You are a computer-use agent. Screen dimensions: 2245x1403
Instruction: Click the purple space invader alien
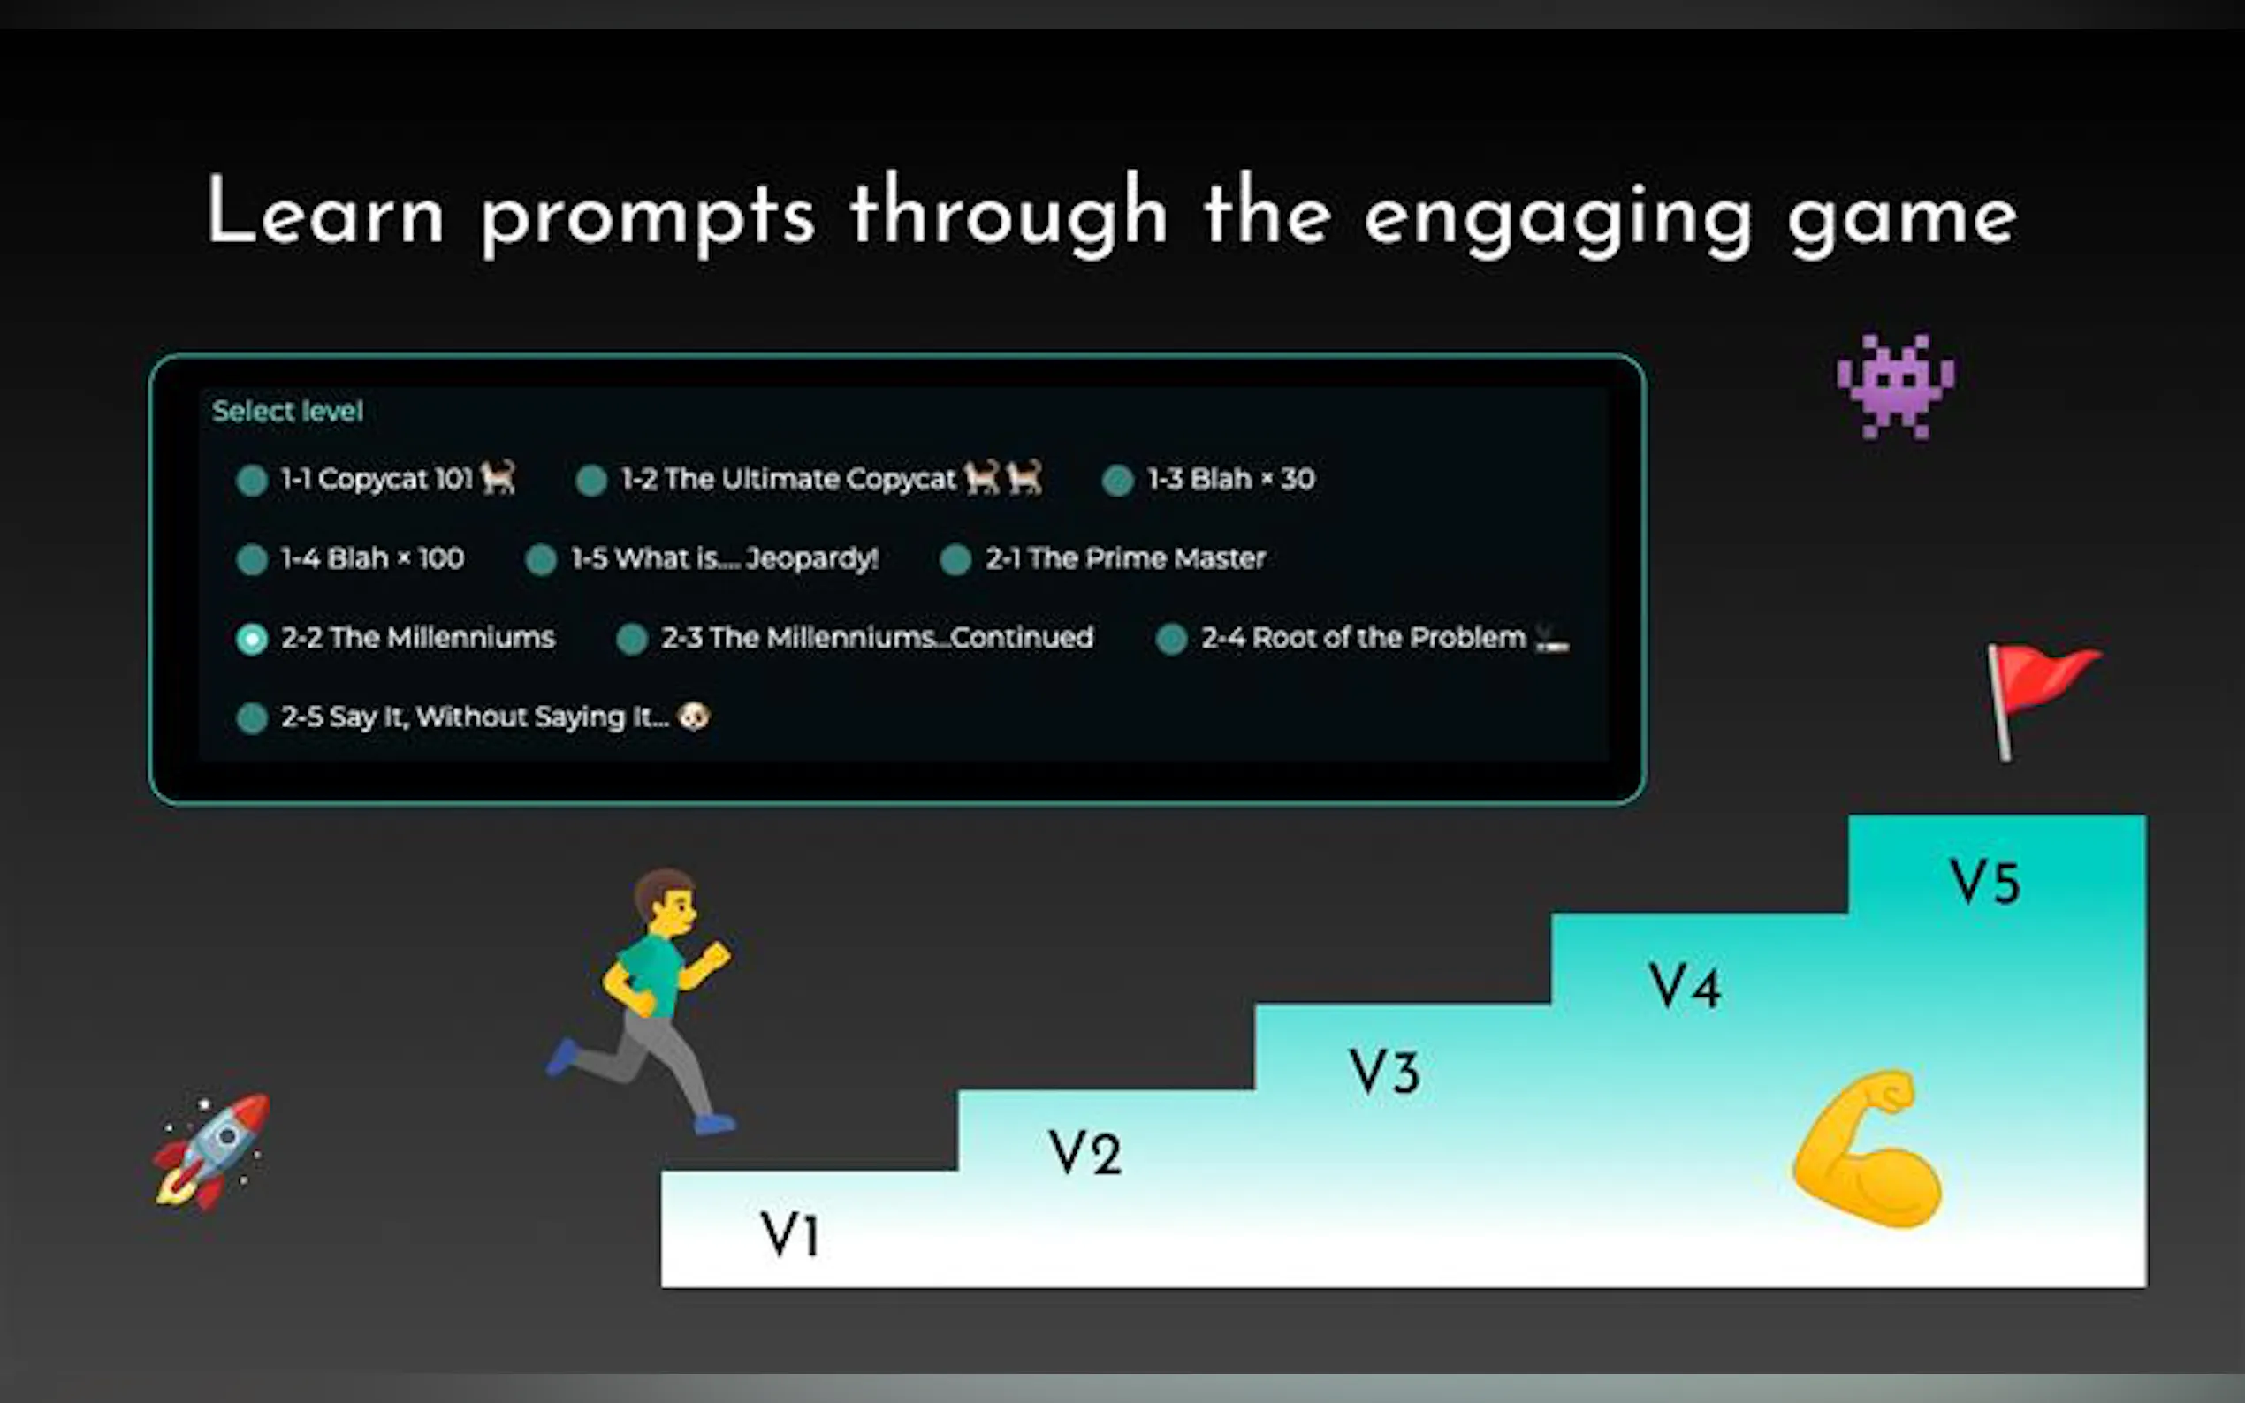tap(1896, 385)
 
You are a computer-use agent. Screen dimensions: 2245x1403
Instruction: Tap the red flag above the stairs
tap(2040, 701)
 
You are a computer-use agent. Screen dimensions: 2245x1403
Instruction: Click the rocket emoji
tap(211, 1150)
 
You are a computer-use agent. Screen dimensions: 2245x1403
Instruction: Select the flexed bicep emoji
tap(1868, 1149)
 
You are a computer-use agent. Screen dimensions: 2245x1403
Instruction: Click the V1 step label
tap(790, 1234)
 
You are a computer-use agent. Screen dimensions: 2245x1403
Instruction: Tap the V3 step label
tap(1384, 1072)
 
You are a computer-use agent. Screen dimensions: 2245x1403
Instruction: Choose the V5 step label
tap(1984, 881)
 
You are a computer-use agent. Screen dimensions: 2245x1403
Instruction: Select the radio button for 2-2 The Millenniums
tap(252, 639)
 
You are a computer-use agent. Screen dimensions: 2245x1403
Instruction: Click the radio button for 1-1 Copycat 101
tap(252, 480)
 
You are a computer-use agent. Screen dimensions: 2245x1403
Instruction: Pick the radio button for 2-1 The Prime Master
tap(955, 559)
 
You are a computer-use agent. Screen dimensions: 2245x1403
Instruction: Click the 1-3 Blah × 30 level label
tap(1230, 479)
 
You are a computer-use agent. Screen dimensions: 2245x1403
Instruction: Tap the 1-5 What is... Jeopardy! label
tap(725, 558)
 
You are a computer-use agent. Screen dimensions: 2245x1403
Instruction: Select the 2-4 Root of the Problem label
tap(1363, 638)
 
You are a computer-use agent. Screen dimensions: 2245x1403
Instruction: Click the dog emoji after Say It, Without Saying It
tap(694, 717)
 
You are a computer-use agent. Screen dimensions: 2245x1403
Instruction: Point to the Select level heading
tap(288, 411)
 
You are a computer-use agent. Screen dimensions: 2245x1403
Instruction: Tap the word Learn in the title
tap(325, 211)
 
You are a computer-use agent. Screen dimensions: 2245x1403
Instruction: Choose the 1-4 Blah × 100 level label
tap(372, 558)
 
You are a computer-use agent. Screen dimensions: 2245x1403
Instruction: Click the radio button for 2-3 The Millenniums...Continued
tap(632, 639)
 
